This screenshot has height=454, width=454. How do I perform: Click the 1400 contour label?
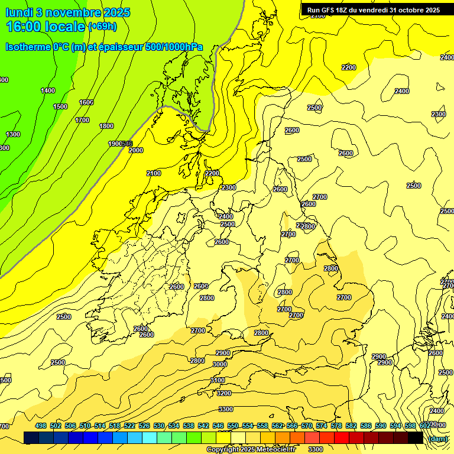click(x=48, y=90)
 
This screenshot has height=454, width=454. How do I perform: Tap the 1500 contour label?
click(x=60, y=106)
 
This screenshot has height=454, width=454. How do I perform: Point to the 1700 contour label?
click(x=82, y=120)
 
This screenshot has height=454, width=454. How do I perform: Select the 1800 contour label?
click(x=106, y=126)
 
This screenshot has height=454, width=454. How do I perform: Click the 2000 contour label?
click(x=136, y=150)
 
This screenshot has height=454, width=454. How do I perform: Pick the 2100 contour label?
click(x=154, y=173)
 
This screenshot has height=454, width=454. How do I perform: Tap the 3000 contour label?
click(x=220, y=364)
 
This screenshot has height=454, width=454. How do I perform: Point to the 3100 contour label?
click(x=218, y=380)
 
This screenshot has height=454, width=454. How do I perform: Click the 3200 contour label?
click(x=224, y=393)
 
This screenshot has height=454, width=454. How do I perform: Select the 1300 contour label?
click(x=13, y=134)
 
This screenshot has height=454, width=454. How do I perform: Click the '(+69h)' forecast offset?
click(x=102, y=27)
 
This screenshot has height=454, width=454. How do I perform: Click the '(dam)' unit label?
click(x=438, y=439)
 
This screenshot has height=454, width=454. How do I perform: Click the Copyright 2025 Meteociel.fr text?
click(x=249, y=450)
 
